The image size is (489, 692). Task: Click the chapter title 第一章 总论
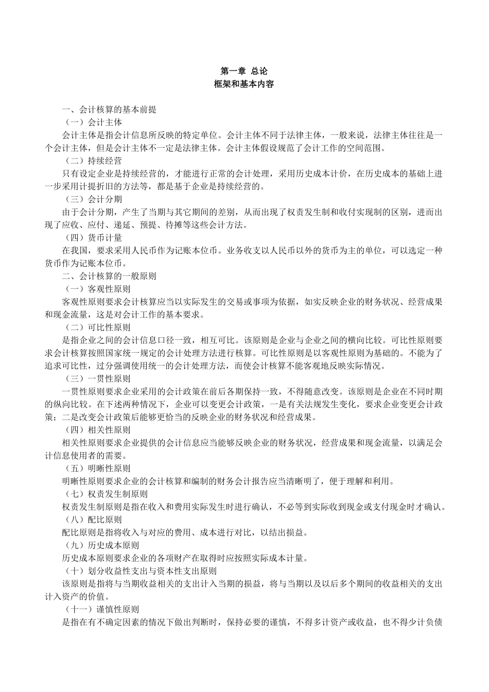[x=244, y=71]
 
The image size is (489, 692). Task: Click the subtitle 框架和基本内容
[x=244, y=83]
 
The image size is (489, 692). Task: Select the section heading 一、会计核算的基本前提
[x=109, y=110]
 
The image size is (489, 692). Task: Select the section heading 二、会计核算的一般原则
[x=109, y=276]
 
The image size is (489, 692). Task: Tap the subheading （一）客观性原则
[x=97, y=289]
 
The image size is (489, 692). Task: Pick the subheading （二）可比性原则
[x=97, y=327]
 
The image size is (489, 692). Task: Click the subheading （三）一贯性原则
[x=97, y=378]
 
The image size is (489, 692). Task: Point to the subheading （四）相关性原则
[x=97, y=430]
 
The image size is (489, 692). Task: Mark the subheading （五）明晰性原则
[x=97, y=469]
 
